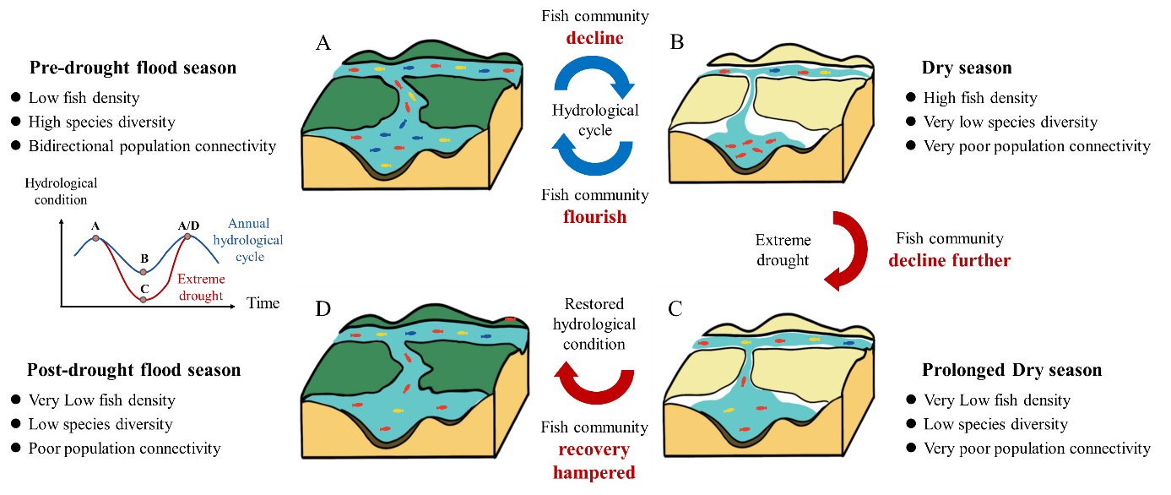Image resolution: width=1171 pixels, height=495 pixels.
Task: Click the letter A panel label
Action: [323, 44]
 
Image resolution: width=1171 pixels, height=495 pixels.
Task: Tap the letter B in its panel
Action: [676, 42]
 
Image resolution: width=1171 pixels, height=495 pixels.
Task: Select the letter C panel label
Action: [675, 308]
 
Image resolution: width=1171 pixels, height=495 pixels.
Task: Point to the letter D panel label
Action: [323, 309]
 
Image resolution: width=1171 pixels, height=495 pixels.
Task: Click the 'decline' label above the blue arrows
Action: [595, 38]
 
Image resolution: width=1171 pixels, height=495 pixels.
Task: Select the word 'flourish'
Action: [595, 217]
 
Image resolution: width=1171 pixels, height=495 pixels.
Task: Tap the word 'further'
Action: [979, 260]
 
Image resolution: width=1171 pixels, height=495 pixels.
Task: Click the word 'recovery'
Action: [594, 449]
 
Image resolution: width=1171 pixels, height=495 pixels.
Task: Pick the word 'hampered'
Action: [594, 472]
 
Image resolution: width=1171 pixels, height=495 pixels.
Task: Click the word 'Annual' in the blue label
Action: [249, 224]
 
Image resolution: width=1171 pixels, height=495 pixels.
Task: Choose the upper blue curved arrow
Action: [594, 80]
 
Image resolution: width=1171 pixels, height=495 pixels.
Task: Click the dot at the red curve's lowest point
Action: [144, 300]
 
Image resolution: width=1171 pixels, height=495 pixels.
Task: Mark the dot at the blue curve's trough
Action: [144, 272]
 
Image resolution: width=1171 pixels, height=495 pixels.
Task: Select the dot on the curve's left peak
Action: [95, 238]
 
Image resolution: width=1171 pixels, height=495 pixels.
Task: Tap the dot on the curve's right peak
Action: [188, 237]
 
